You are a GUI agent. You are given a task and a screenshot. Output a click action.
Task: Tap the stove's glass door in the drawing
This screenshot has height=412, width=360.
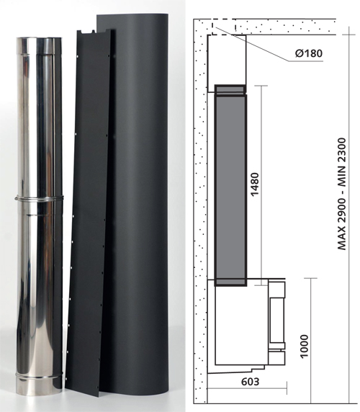click(x=275, y=323)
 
